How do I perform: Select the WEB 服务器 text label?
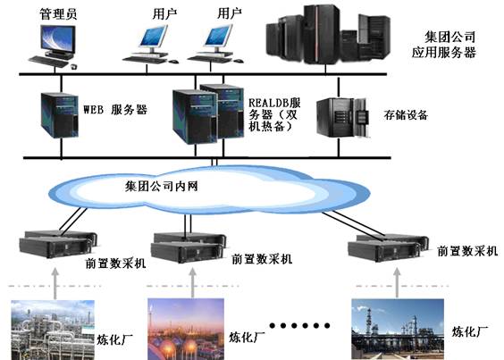(114, 111)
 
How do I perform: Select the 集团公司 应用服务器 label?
(450, 46)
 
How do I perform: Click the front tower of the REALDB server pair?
(191, 115)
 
